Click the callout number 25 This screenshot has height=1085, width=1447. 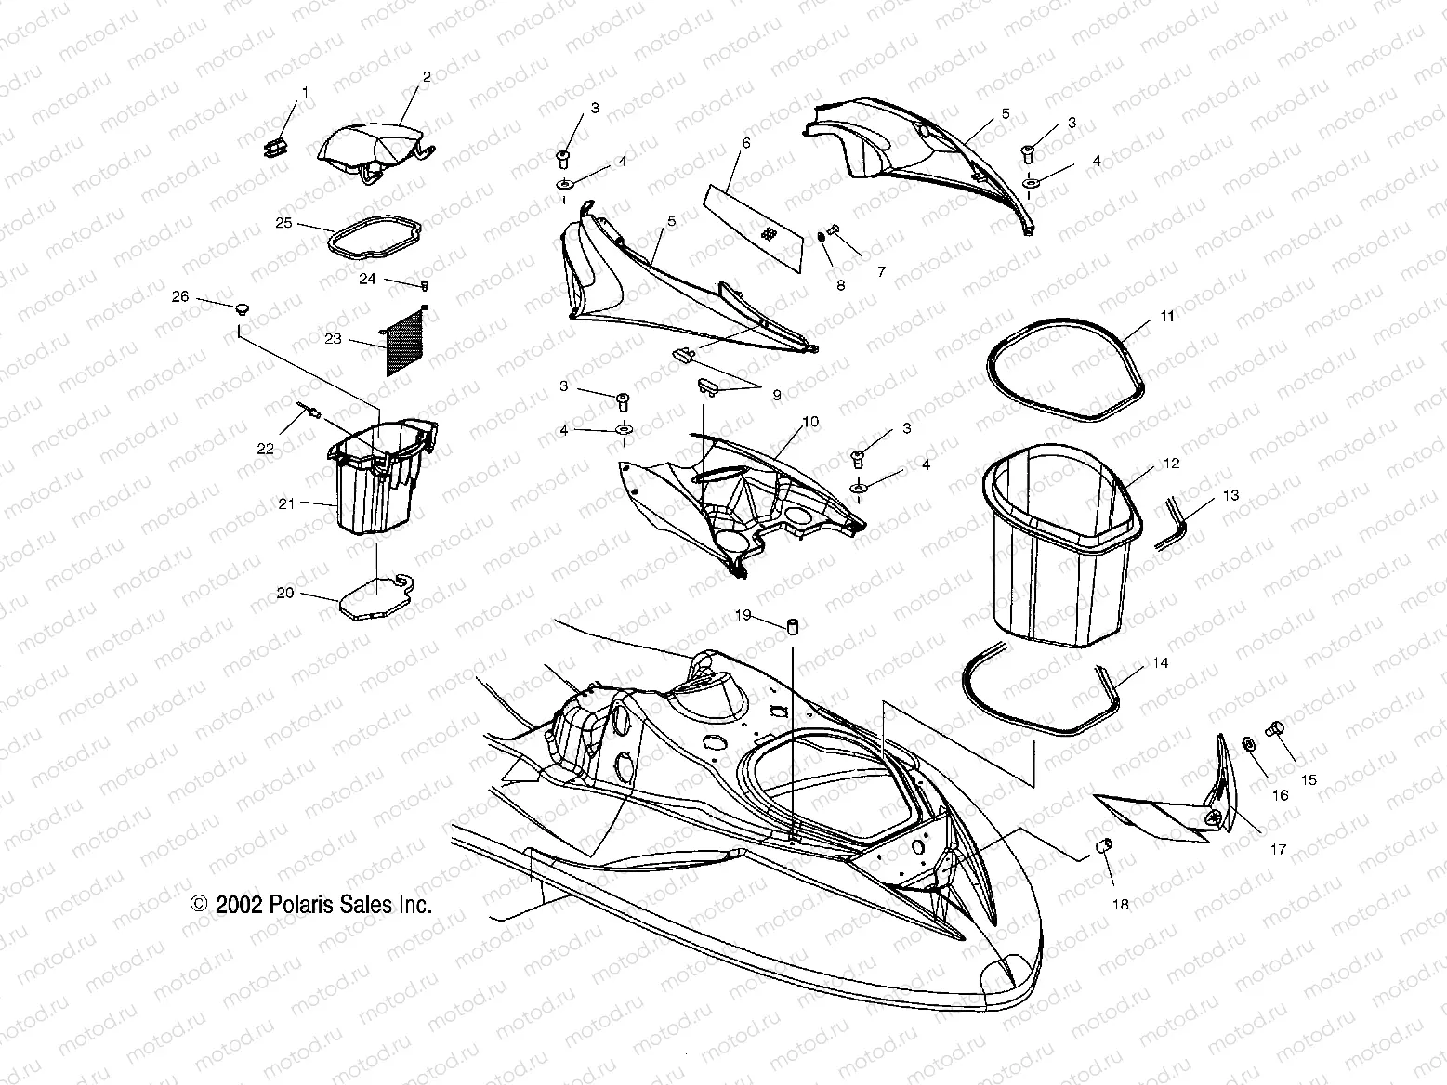click(283, 224)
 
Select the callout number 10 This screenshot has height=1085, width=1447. click(810, 422)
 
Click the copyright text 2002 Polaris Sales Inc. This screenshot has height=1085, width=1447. click(311, 905)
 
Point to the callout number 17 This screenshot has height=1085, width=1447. click(1279, 848)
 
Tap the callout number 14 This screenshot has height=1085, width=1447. click(1160, 663)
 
